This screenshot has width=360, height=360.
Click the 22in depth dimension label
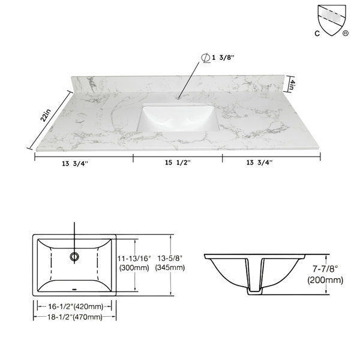(45, 115)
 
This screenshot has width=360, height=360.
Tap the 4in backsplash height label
(292, 84)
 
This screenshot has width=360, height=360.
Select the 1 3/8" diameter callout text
(223, 58)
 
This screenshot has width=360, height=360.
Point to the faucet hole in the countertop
(179, 98)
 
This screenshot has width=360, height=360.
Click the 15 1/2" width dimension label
(178, 163)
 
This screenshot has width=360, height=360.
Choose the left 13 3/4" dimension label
(75, 163)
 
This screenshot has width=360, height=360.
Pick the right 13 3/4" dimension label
(259, 163)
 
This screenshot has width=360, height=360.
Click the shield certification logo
(332, 20)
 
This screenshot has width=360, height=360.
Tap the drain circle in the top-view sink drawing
(74, 256)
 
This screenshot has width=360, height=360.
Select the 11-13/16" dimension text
(134, 259)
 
